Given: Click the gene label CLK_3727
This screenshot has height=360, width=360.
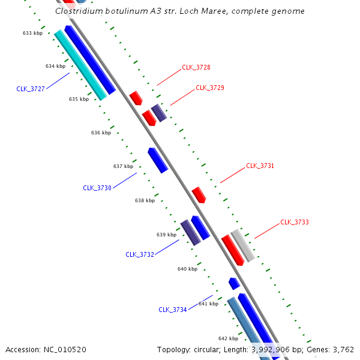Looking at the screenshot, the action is [x=31, y=89].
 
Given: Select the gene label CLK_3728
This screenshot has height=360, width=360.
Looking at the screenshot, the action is [x=196, y=67].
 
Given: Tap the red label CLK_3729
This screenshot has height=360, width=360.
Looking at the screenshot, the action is [x=210, y=88].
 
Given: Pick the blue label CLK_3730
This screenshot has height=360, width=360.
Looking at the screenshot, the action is [x=97, y=188].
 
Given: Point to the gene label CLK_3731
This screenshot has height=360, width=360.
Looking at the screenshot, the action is [x=260, y=166].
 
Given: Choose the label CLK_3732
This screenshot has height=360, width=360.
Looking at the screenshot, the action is [x=140, y=254].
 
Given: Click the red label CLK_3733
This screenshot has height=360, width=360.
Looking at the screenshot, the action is [x=295, y=222].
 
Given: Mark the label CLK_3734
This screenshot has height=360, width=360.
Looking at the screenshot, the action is [x=173, y=310].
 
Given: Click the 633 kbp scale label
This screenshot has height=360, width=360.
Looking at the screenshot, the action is [x=32, y=33].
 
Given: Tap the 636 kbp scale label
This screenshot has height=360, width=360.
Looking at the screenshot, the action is [x=101, y=133].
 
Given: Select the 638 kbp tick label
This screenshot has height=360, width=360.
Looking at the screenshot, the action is [x=145, y=200].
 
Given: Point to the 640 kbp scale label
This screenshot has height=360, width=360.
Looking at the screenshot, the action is [x=188, y=269].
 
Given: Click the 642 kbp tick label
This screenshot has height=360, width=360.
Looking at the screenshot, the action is [x=228, y=338].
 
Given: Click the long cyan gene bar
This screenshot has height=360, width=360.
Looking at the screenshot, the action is [x=80, y=65].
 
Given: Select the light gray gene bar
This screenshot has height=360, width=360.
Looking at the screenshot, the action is [x=242, y=245].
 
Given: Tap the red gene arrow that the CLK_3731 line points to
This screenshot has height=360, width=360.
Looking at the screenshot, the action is [x=199, y=195].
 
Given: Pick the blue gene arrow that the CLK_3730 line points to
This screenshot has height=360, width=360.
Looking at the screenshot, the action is [x=158, y=160].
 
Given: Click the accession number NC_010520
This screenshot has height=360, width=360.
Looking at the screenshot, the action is [x=65, y=350].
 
